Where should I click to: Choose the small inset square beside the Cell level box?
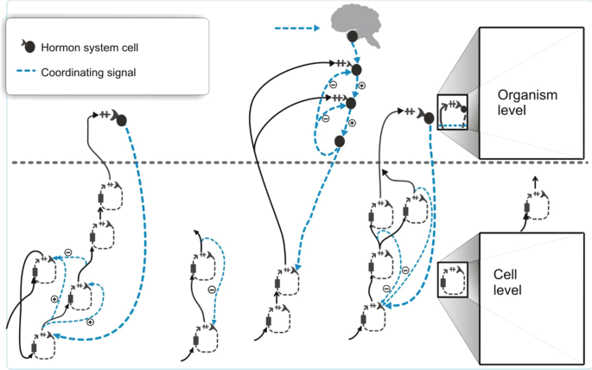[x=453, y=279]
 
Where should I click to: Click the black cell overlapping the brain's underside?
[x=353, y=38]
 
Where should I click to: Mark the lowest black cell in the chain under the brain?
[x=340, y=141]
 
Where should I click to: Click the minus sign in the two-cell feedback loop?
[x=212, y=290]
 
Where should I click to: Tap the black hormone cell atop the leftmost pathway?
[x=122, y=118]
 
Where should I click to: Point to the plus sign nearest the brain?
[x=361, y=86]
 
